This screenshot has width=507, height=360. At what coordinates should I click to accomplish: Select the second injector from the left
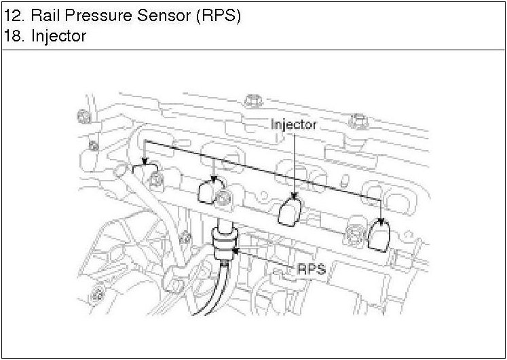click(x=208, y=192)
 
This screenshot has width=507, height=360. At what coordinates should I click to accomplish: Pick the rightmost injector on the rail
click(x=379, y=234)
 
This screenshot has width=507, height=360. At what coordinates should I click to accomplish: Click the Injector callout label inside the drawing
click(x=294, y=125)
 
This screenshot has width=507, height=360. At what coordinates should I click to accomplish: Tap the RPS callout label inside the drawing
click(x=312, y=269)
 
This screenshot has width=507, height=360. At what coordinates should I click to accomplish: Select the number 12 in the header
click(x=12, y=16)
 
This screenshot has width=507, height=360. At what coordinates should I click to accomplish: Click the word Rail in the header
click(x=42, y=16)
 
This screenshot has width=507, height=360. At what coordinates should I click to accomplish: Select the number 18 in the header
click(x=12, y=36)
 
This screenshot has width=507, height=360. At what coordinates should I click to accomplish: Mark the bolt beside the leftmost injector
click(x=157, y=179)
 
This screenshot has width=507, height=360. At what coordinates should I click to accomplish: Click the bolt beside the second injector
click(x=223, y=198)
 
